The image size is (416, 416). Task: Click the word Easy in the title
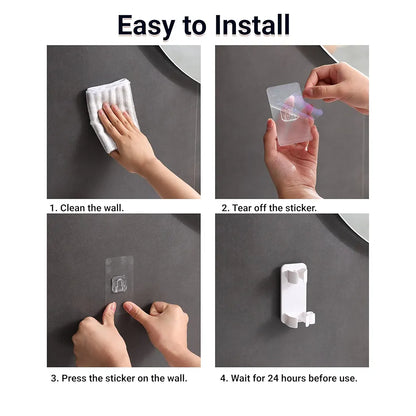[146, 26]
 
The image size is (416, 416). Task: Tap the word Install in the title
[252, 25]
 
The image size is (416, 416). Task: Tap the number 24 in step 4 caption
[273, 378]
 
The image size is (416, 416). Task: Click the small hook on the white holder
[309, 319]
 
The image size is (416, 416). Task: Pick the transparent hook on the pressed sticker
[119, 284]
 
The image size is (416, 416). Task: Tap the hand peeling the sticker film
[337, 87]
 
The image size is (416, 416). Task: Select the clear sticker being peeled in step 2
[289, 113]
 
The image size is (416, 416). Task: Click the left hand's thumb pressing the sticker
[109, 313]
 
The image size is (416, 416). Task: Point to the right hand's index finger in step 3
[136, 313]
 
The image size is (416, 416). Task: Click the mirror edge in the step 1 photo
[182, 62]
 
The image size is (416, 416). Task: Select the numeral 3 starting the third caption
[54, 378]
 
